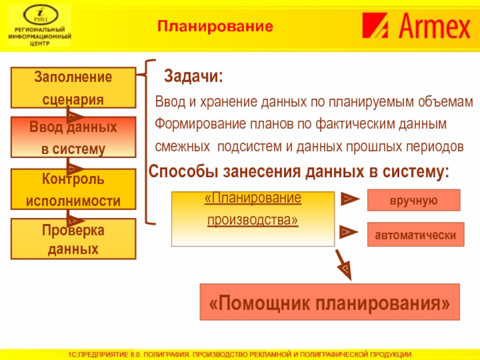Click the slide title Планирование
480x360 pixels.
click(x=215, y=26)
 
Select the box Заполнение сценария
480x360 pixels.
click(x=73, y=88)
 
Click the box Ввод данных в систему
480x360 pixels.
click(x=73, y=138)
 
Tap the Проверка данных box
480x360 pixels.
click(x=73, y=239)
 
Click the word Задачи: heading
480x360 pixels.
click(x=194, y=77)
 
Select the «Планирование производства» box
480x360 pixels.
click(x=253, y=218)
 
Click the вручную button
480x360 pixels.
click(x=413, y=200)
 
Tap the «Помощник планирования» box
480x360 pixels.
click(x=329, y=302)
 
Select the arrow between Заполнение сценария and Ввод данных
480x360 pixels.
click(x=75, y=115)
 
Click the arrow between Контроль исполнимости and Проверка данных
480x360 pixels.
click(x=75, y=215)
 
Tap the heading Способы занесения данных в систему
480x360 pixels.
click(x=298, y=173)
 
